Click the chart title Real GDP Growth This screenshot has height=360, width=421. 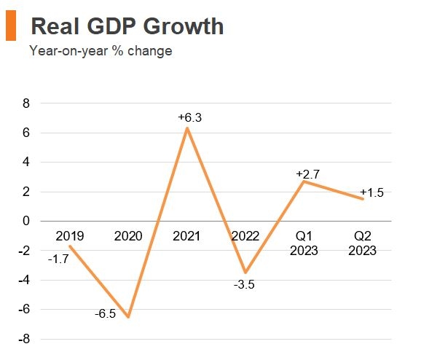[x=127, y=26]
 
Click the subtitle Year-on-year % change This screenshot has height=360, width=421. [x=101, y=51]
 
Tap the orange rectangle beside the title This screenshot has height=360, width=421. [x=10, y=26]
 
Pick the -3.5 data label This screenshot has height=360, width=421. [x=244, y=284]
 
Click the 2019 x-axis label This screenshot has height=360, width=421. [x=70, y=236]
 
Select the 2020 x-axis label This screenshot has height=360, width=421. [x=129, y=236]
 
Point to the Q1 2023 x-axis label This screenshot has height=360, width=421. [x=304, y=243]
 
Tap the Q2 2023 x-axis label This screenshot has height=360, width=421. [x=362, y=243]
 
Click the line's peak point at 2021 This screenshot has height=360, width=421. [x=187, y=128]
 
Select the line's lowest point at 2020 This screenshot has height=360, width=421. [x=129, y=317]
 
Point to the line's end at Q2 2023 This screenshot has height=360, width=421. [x=363, y=199]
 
